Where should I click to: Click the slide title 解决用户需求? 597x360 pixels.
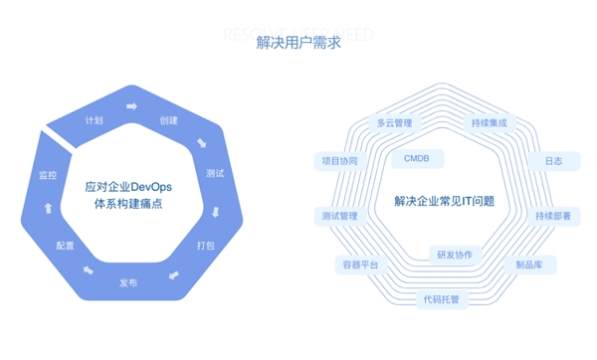298,43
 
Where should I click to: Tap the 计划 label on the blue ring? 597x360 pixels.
95,121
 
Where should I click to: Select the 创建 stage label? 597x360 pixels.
168,121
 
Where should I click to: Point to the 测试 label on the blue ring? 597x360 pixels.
214,174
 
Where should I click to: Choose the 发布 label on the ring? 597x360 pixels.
128,283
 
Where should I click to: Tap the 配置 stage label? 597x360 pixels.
66,246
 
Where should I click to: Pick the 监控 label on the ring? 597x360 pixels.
47,175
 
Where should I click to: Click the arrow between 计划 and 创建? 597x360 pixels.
130,104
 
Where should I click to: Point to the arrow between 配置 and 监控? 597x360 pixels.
47,209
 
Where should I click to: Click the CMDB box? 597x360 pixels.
417,158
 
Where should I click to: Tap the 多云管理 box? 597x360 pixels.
394,123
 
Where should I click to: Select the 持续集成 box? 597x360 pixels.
489,123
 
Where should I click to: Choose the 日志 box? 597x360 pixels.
552,160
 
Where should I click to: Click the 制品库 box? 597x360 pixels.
534,266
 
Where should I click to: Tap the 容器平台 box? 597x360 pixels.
357,266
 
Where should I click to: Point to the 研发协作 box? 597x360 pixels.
454,255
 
